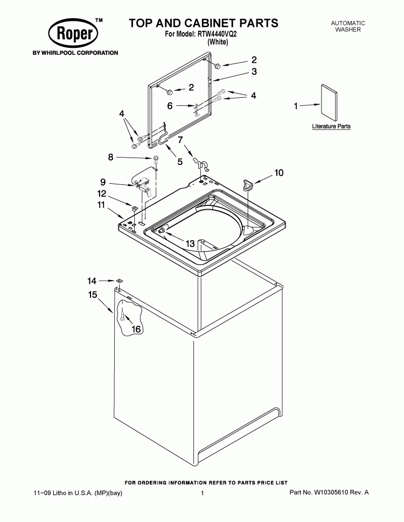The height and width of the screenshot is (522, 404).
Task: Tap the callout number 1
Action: (x=295, y=106)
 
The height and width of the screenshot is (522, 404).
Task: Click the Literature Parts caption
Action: (x=331, y=127)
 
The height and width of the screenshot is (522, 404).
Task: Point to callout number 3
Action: (x=254, y=71)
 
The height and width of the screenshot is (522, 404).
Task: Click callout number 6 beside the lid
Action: (x=170, y=106)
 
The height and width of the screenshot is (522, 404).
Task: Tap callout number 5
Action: (x=180, y=161)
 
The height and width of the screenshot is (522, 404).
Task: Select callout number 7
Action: (x=181, y=140)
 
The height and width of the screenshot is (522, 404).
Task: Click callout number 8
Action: (x=111, y=157)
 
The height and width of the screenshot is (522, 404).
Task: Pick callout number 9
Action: (x=102, y=182)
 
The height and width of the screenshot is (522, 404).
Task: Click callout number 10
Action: (x=278, y=173)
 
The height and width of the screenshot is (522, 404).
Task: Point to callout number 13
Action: (x=190, y=244)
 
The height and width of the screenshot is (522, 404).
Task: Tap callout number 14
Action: (x=92, y=281)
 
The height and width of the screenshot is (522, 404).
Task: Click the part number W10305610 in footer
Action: (x=329, y=492)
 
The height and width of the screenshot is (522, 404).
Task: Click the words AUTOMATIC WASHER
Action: (x=347, y=27)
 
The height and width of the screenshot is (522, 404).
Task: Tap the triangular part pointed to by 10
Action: (x=248, y=185)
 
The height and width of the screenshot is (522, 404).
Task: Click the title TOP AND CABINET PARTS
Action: (x=203, y=23)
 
